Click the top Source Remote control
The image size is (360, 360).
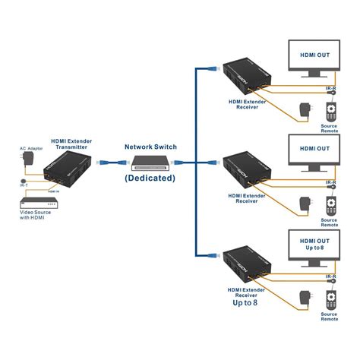click(x=330, y=110)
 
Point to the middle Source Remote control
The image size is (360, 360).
click(x=330, y=206)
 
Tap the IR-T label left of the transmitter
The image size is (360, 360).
click(x=23, y=185)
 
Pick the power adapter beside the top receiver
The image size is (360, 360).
click(x=305, y=110)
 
